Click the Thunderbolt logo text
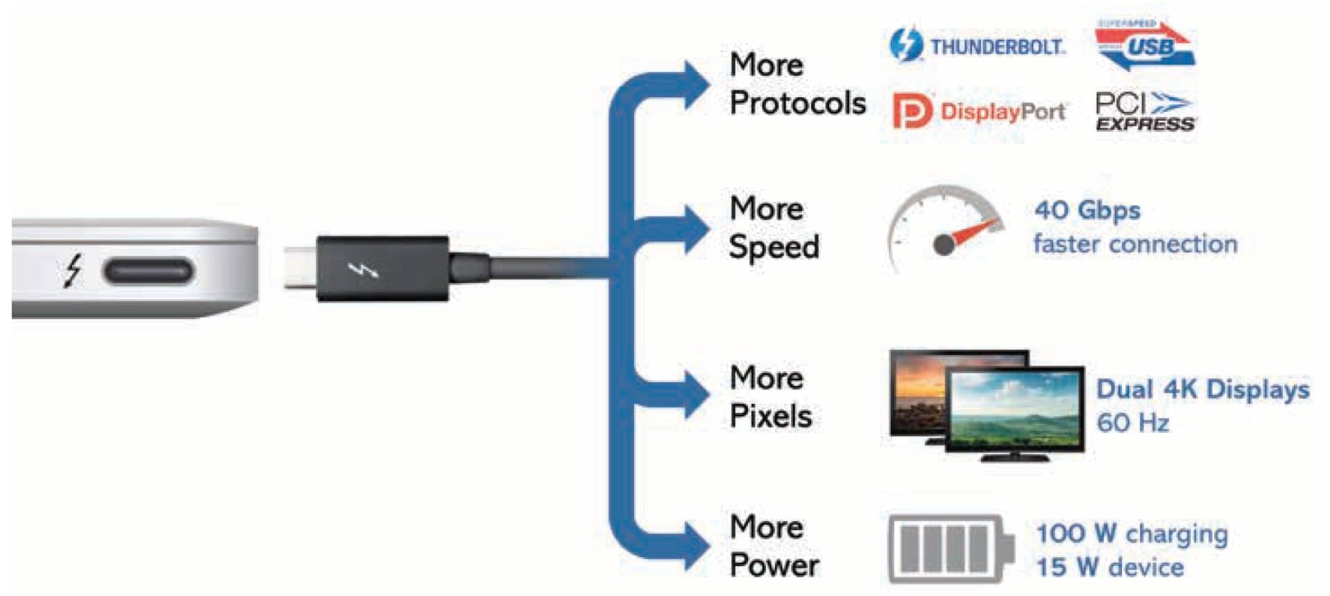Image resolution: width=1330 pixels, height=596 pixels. [x=996, y=47]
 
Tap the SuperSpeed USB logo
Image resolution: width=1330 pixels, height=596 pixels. [x=1145, y=45]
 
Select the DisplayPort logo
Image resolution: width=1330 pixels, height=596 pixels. [x=979, y=111]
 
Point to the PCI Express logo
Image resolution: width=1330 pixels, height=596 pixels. [x=1144, y=112]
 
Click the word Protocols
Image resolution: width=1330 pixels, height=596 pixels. [x=797, y=104]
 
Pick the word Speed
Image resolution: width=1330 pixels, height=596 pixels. [x=774, y=247]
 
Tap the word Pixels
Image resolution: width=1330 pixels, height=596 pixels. [x=770, y=416]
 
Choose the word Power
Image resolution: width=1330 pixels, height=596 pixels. [x=774, y=565]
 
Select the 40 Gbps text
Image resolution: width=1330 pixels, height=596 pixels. [x=1086, y=210]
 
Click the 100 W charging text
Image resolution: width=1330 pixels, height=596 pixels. [x=1131, y=534]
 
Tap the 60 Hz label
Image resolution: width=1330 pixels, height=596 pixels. [x=1132, y=423]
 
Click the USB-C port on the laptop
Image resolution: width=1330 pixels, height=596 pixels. [x=147, y=271]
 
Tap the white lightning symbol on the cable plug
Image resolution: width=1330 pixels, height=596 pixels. [x=362, y=269]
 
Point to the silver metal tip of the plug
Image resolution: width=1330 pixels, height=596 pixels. [x=300, y=268]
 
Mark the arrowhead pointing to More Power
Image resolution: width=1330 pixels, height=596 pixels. [x=694, y=545]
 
